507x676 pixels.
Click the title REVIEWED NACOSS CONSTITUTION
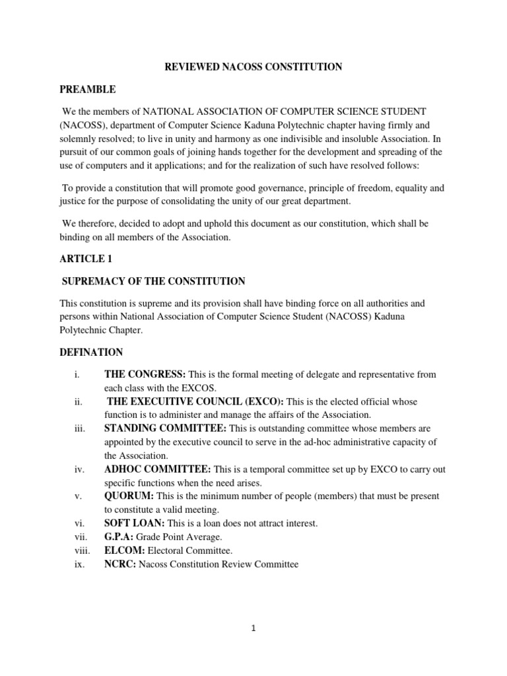pyautogui.click(x=253, y=67)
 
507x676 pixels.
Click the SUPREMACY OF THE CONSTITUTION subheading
pyautogui.click(x=153, y=282)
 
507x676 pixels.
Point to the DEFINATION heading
pyautogui.click(x=91, y=352)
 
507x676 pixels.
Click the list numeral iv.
pyautogui.click(x=79, y=469)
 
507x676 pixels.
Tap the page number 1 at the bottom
pyautogui.click(x=253, y=628)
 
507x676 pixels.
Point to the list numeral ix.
pyautogui.click(x=79, y=564)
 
